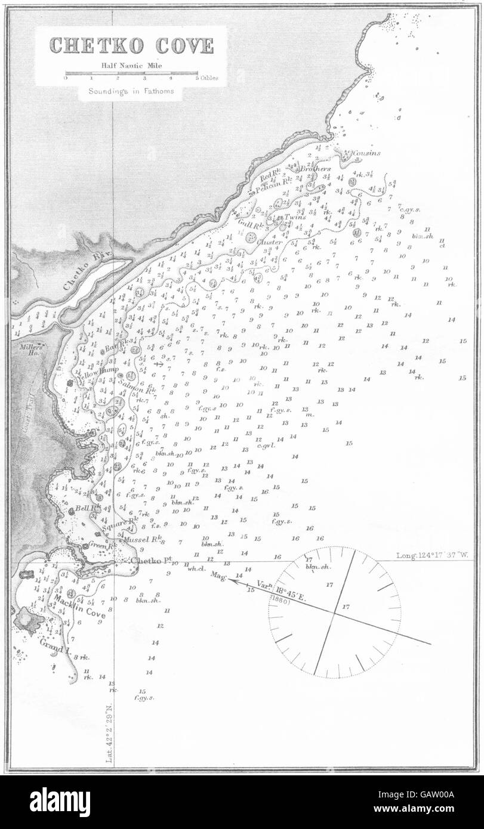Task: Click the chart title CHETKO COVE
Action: click(x=131, y=46)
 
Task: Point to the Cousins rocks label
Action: click(x=366, y=153)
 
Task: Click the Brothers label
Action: click(x=315, y=169)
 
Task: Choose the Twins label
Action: click(x=295, y=217)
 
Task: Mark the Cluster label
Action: click(x=268, y=242)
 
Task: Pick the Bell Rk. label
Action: click(x=84, y=509)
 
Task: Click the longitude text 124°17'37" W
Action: click(x=433, y=555)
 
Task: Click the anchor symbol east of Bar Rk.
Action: click(x=159, y=363)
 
